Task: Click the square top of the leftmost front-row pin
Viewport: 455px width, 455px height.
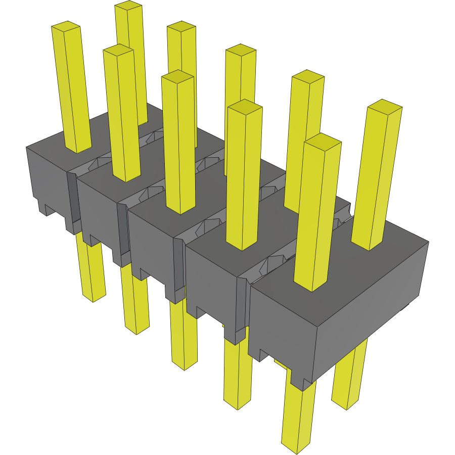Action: click(66, 25)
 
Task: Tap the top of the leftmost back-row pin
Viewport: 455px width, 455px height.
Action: click(128, 6)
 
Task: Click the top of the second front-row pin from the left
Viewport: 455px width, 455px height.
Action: click(118, 49)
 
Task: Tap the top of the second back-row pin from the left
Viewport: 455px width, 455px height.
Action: click(181, 26)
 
